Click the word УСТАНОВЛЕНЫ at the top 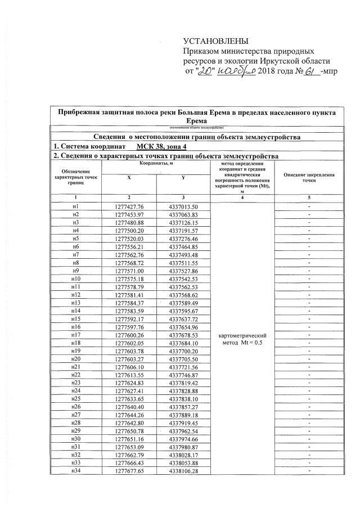point(215,41)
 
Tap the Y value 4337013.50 point(183,206)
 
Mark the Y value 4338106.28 point(183,471)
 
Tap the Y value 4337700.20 point(183,351)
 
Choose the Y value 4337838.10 point(183,399)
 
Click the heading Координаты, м point(156,163)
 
